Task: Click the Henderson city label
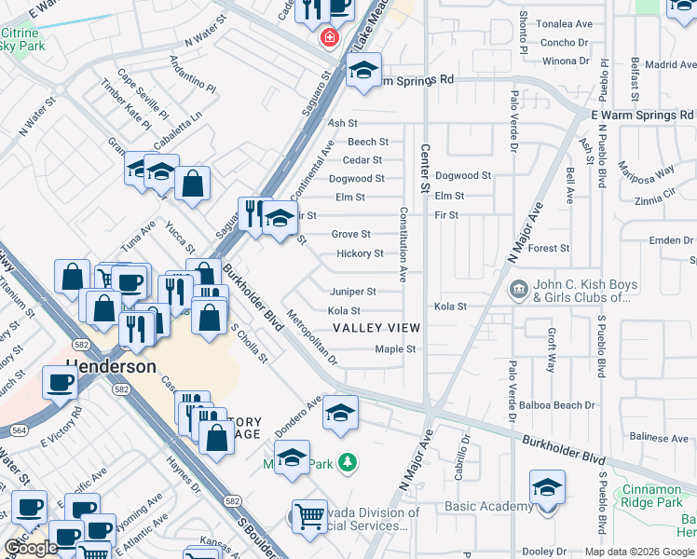tap(111, 366)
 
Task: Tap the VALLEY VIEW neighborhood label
tap(376, 328)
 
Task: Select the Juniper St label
tap(353, 292)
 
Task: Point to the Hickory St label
tap(360, 253)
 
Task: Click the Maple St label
tap(393, 349)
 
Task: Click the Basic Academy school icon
tap(547, 486)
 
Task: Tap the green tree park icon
tap(348, 462)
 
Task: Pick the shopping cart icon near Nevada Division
tap(309, 514)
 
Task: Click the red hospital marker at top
tap(329, 38)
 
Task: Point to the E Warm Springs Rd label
tap(643, 115)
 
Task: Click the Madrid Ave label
tap(671, 65)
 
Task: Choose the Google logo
tap(31, 548)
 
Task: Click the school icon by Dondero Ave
tap(341, 412)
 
